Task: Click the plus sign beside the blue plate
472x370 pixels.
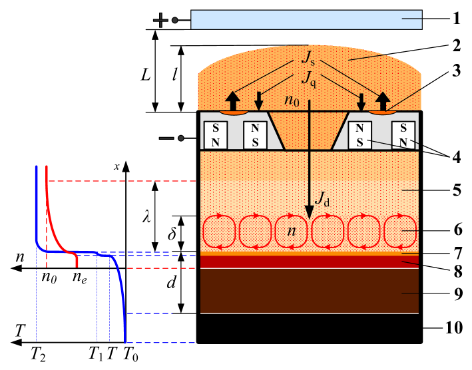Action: point(160,20)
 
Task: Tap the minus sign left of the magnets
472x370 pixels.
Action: point(166,138)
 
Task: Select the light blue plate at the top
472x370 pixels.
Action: point(306,19)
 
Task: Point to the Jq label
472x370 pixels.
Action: point(308,78)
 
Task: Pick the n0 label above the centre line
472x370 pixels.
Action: point(291,101)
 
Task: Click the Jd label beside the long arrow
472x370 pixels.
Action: point(322,198)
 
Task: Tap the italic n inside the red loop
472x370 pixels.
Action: point(291,231)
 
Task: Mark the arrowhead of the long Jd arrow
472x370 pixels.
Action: point(309,212)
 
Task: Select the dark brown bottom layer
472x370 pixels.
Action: point(309,290)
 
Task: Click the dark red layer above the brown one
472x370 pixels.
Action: point(309,262)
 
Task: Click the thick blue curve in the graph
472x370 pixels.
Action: point(121,286)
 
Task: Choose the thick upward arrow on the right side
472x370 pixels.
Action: point(383,101)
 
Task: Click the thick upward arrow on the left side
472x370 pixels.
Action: point(232,101)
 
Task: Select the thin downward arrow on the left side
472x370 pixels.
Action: point(259,102)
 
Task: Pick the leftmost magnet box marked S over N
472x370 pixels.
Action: point(215,135)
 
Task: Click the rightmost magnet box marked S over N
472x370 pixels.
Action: point(403,135)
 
